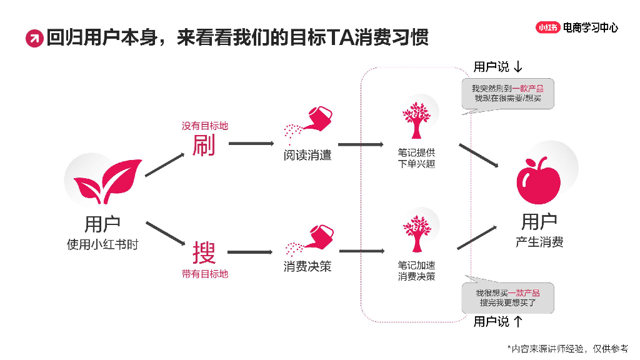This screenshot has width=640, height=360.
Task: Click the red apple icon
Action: (x=538, y=180)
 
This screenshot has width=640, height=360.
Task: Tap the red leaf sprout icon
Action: (x=107, y=181)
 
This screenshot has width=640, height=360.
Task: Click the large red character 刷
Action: (x=204, y=145)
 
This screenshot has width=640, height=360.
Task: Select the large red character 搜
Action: (x=204, y=252)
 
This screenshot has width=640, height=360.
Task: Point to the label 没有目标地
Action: (x=205, y=126)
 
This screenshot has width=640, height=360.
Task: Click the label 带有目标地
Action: (x=205, y=274)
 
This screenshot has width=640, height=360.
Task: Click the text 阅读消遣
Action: (x=307, y=155)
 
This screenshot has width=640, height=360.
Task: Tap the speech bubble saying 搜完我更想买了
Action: (x=507, y=296)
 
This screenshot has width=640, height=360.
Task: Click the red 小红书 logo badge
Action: (x=547, y=27)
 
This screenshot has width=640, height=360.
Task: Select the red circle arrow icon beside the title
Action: (x=34, y=39)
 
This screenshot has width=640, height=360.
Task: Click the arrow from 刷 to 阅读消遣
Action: (x=251, y=143)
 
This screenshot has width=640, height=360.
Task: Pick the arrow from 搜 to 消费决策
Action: (x=250, y=252)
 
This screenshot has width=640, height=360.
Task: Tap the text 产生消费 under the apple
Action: (x=539, y=242)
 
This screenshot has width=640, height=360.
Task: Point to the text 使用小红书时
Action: (x=103, y=244)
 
